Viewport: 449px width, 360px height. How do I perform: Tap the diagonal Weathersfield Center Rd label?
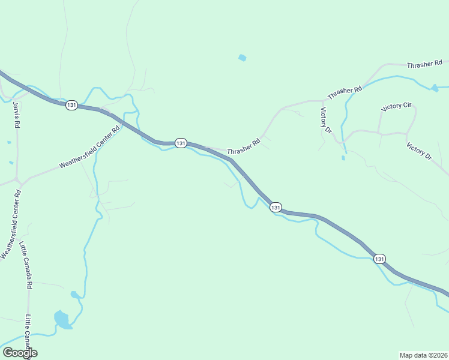90,146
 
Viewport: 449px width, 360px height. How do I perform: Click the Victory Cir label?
396,107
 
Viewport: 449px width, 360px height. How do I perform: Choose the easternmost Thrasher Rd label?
424,64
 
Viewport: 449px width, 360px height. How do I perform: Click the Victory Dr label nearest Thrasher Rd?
326,121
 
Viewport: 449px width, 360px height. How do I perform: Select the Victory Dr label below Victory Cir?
418,151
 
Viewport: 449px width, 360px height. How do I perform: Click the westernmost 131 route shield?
71,105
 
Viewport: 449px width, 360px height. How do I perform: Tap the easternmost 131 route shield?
379,259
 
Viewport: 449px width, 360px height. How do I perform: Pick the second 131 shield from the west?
181,143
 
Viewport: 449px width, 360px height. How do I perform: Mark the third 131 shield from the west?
275,207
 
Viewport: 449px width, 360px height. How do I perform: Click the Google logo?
19,353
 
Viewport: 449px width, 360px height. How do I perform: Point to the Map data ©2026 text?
423,355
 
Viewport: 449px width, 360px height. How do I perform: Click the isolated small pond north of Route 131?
242,58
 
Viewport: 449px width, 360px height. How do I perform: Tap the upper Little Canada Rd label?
25,265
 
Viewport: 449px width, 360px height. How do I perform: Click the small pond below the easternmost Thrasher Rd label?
434,88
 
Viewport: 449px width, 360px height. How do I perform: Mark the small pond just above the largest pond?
74,295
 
